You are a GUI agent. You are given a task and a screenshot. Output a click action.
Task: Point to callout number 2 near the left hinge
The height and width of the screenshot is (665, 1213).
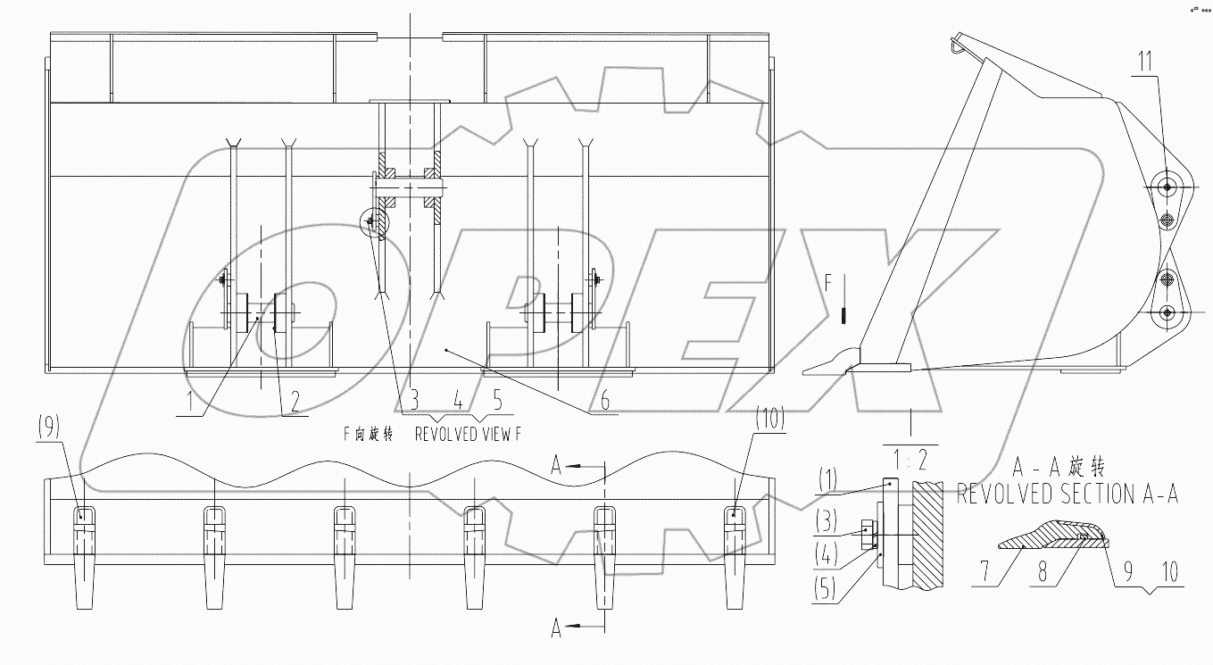pos(287,402)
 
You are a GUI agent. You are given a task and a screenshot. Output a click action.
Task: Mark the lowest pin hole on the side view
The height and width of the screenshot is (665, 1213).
pos(1167,312)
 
